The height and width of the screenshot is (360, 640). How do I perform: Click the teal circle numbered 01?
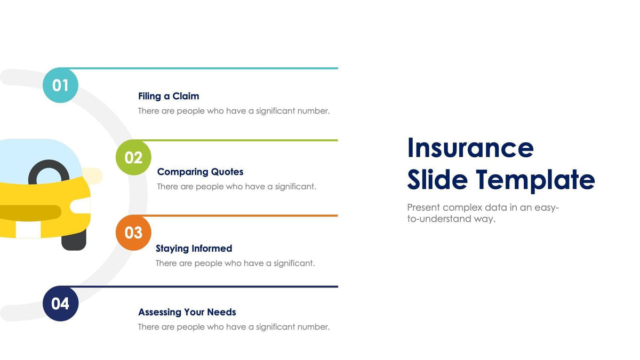(60, 85)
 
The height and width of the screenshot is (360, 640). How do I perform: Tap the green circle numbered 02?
(133, 157)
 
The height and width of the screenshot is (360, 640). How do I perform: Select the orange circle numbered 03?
(133, 233)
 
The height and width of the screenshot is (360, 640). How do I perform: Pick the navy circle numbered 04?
(60, 303)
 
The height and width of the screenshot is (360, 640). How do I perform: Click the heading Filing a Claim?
(169, 96)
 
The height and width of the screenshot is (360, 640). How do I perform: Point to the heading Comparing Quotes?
(200, 172)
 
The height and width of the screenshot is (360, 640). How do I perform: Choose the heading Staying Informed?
(194, 249)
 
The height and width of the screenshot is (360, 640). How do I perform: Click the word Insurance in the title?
(470, 148)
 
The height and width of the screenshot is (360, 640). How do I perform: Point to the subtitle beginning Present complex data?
(482, 213)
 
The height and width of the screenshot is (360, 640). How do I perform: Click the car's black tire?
(74, 242)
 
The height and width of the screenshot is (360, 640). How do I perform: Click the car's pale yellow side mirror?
(93, 176)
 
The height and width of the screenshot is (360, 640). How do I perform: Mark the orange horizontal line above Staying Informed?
(240, 215)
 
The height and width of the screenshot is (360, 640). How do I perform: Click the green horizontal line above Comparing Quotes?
(240, 140)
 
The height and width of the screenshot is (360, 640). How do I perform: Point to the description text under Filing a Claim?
(234, 111)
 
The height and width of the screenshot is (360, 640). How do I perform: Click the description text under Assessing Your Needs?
(234, 327)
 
